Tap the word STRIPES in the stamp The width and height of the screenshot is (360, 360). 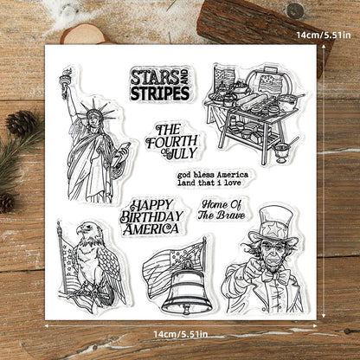[x=159, y=91]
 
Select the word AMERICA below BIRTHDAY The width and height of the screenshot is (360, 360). [x=151, y=229]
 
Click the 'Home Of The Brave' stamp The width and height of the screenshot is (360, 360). [x=222, y=209]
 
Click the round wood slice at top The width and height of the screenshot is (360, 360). [x=82, y=34]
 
